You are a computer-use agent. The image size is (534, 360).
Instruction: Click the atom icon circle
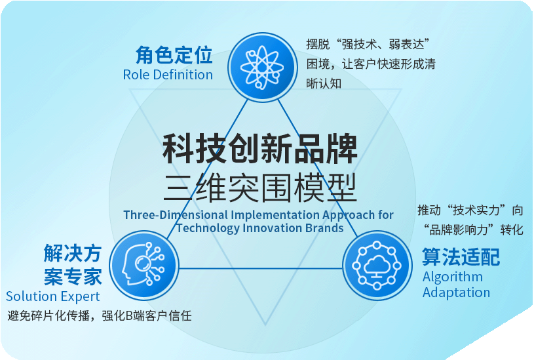coord(262,67)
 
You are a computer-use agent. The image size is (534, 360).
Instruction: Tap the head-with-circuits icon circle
coord(143,266)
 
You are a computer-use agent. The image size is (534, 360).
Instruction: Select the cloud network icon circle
coord(377,266)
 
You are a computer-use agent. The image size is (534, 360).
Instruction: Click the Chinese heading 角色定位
coord(174,55)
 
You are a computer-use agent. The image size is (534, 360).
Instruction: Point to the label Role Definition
coord(168,75)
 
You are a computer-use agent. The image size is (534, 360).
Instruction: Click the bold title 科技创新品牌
coord(260,149)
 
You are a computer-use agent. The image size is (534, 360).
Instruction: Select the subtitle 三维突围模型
coord(260,187)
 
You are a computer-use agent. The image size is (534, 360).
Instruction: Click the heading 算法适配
coord(461,256)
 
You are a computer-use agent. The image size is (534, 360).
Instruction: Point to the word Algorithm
coord(453,277)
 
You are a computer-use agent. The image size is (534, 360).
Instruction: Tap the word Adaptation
coord(456,292)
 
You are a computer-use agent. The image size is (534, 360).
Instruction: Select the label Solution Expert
coord(53,296)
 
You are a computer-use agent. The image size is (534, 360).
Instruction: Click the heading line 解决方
coord(73,253)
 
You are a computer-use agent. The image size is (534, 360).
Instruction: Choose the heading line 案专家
coord(73,277)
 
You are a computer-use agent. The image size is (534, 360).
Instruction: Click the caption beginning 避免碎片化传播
coord(100,315)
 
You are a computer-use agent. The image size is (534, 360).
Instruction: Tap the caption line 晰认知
coord(324,83)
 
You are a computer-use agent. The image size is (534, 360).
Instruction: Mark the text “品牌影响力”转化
coord(473,230)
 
